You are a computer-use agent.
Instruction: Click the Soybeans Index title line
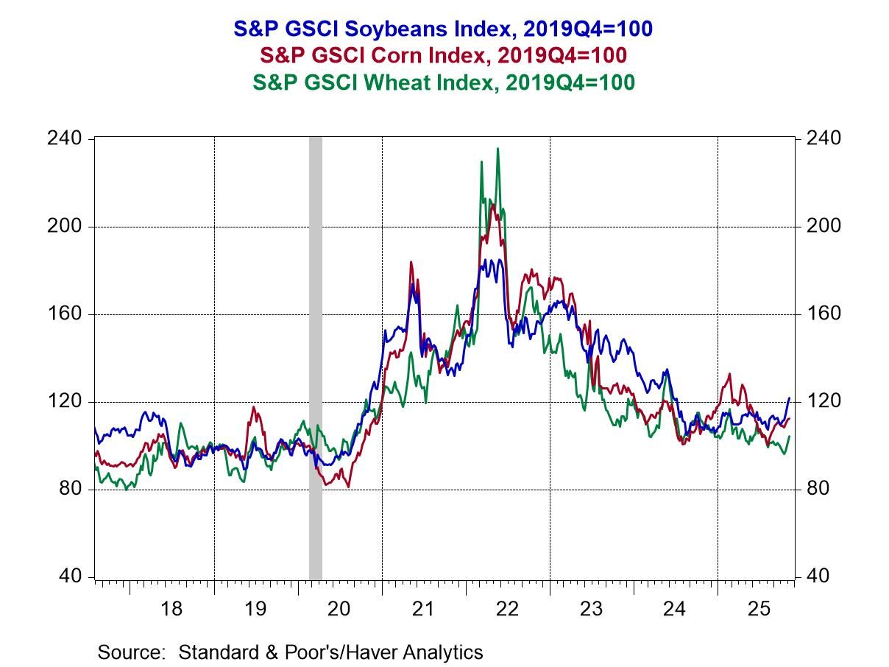click(443, 29)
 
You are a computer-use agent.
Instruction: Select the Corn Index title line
click(443, 55)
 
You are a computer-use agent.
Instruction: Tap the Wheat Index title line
click(443, 82)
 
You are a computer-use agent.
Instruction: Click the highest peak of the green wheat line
click(497, 149)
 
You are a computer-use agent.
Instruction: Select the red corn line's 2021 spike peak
click(411, 262)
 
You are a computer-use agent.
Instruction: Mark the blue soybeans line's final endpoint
click(790, 398)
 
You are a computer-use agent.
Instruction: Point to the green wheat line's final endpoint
click(790, 436)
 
